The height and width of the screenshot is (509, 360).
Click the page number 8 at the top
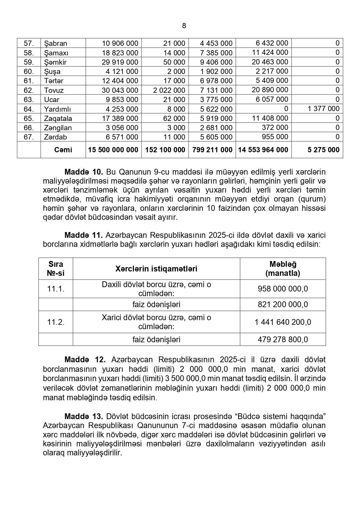[184, 26]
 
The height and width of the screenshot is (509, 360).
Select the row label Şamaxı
[56, 53]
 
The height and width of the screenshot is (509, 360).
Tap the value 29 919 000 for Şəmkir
[120, 62]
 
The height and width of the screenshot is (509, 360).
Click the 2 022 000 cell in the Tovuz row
[169, 90]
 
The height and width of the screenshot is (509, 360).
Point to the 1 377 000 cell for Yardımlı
[323, 109]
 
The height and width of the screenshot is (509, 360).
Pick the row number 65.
[29, 118]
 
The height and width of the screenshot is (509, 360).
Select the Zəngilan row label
[58, 128]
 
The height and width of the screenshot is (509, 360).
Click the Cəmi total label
[63, 150]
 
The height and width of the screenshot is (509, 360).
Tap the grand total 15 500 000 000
[113, 150]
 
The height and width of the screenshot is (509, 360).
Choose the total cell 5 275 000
[323, 150]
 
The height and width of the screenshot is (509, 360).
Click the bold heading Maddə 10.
[84, 172]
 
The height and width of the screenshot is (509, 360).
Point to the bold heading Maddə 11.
[84, 235]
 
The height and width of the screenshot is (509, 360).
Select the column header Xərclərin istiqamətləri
[156, 269]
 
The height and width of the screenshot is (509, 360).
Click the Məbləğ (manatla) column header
[283, 269]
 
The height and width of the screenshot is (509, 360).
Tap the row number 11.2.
[56, 322]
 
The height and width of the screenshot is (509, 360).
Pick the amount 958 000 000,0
[283, 289]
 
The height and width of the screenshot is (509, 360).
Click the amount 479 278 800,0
[283, 339]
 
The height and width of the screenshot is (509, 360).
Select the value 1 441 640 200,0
[283, 322]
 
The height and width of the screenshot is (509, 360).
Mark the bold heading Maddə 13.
[84, 416]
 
